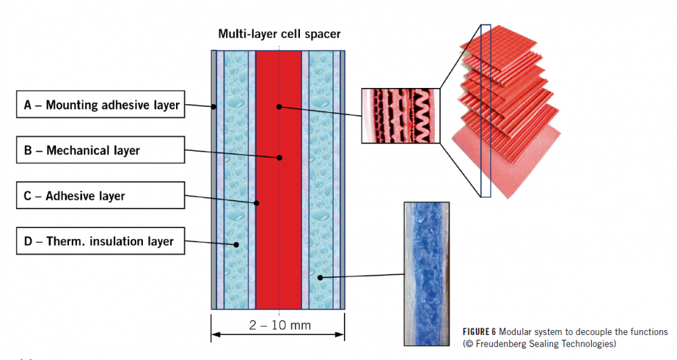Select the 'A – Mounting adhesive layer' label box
[101, 105]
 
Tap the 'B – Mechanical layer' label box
[101, 150]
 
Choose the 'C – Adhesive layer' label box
[101, 196]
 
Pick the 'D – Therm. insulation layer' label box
[101, 241]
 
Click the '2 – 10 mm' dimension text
[280, 325]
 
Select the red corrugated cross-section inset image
[400, 116]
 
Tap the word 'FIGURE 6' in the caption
[479, 332]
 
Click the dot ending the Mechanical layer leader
[279, 158]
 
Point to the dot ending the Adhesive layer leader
[257, 202]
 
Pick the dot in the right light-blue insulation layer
[320, 277]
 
